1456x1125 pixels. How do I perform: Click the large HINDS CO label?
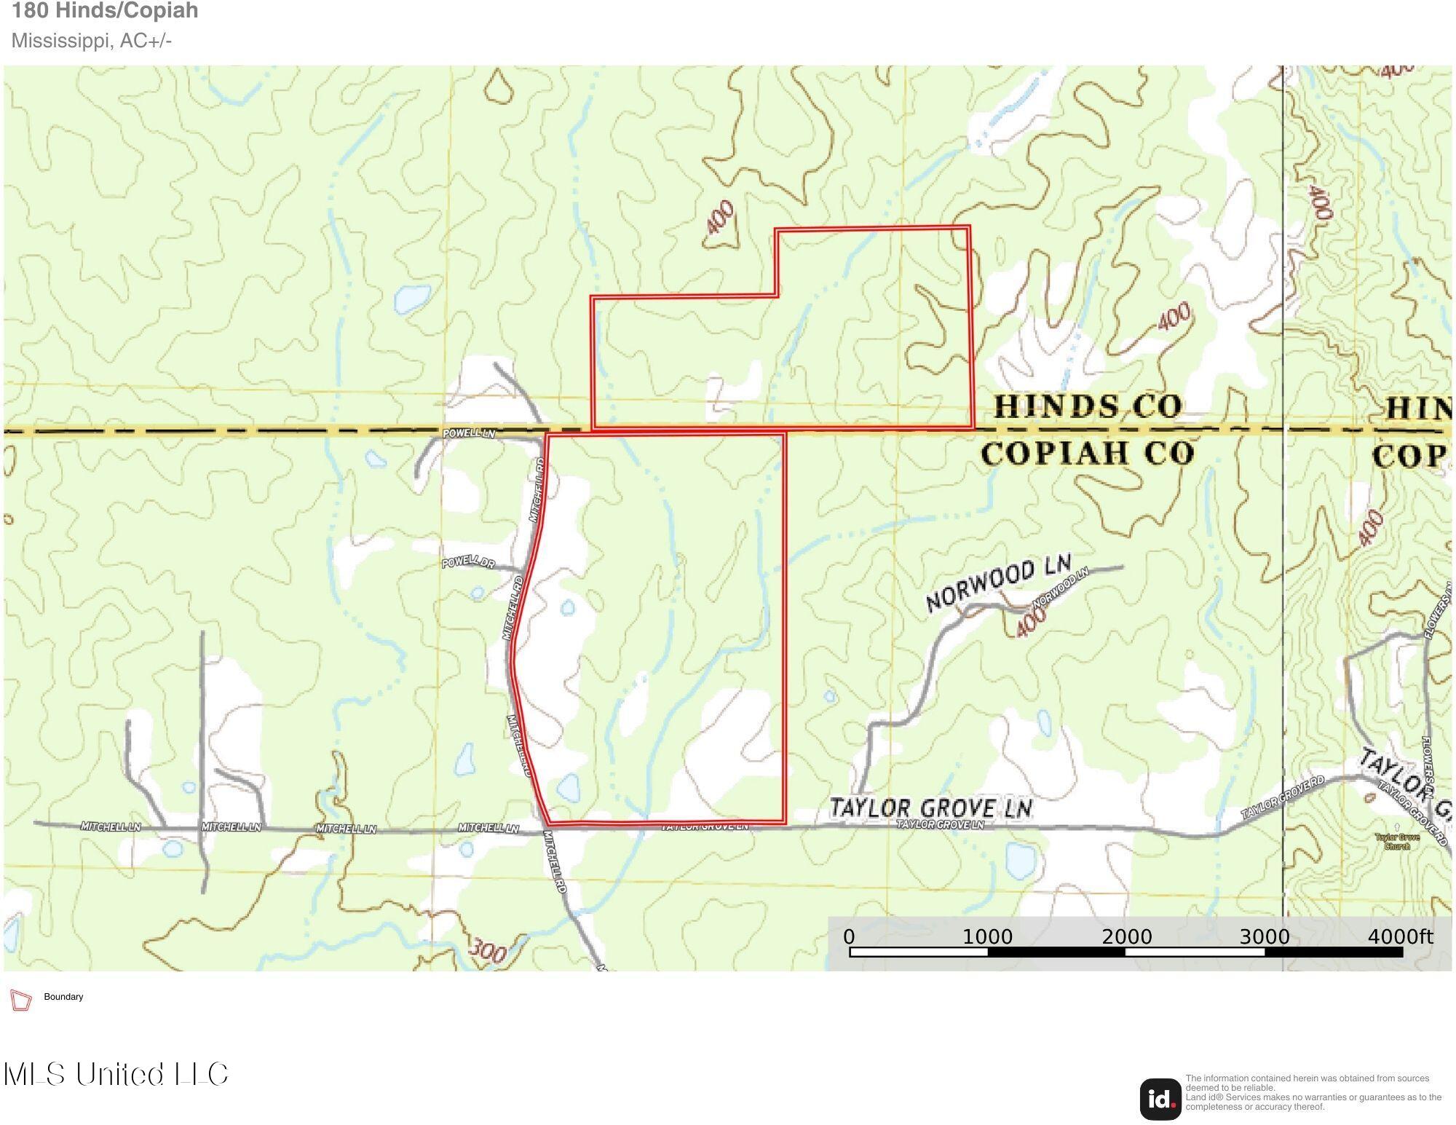[1087, 406]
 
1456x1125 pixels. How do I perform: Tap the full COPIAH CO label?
[1088, 453]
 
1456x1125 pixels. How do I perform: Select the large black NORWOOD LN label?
[998, 583]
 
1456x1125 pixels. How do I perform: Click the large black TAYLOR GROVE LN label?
[931, 808]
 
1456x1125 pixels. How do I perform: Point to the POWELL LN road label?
[469, 433]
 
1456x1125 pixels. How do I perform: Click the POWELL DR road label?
[468, 562]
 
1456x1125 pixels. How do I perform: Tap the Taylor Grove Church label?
[1397, 842]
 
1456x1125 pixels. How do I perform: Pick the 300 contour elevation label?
[487, 951]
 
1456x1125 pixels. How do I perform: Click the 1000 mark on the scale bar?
[987, 937]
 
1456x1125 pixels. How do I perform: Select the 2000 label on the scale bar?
[1126, 937]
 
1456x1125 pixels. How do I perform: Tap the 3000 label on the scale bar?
[1264, 937]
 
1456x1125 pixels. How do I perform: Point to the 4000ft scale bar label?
[1400, 936]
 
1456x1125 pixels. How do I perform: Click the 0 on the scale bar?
[849, 937]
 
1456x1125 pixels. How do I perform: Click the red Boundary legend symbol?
[21, 1000]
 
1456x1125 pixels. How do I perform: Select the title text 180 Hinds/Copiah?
[105, 11]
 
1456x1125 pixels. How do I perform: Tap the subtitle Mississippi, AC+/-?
[92, 41]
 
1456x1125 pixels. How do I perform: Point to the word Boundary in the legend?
[63, 997]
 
